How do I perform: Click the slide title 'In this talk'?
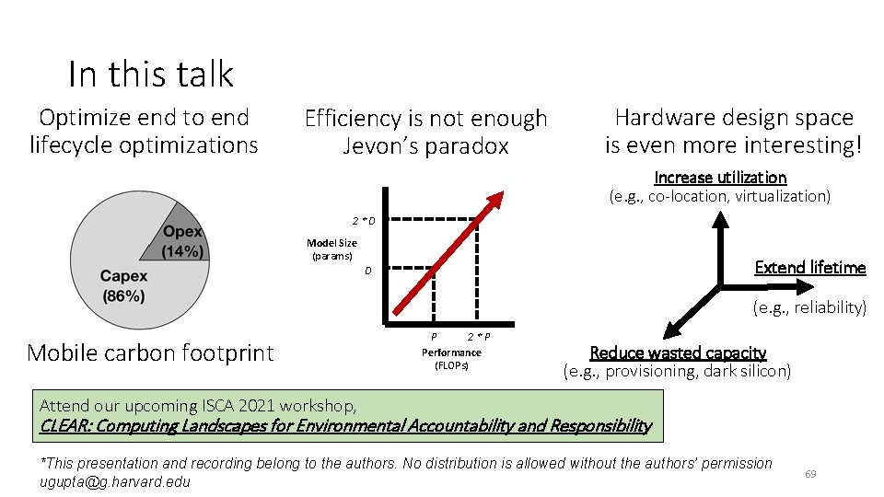[151, 74]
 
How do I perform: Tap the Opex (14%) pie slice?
[175, 240]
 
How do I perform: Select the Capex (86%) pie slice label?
[122, 285]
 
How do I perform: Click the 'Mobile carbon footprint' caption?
[150, 353]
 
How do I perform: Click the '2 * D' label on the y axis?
[363, 221]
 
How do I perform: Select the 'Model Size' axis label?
[331, 243]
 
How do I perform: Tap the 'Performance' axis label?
[451, 353]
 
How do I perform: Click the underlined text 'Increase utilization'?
[720, 177]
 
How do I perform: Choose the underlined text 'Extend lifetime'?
[809, 267]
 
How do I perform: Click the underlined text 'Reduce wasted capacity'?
[677, 353]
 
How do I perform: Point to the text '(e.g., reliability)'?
[809, 307]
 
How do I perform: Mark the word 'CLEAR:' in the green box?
[65, 425]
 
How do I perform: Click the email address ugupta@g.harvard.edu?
[115, 481]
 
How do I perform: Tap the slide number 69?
[810, 474]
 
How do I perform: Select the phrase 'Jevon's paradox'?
[425, 146]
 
